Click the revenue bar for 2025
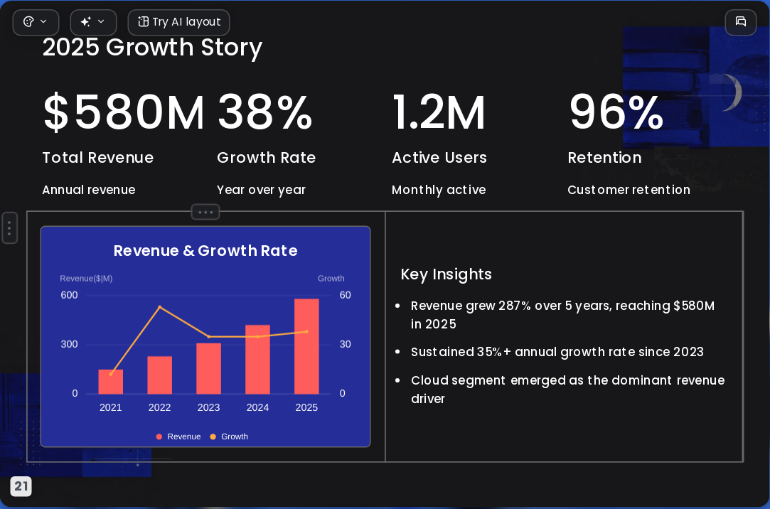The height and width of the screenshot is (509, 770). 306,346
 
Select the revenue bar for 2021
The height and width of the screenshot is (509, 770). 110,382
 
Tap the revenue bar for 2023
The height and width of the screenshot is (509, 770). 209,369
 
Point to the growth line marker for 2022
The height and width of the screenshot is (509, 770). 159,307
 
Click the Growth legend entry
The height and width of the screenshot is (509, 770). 229,436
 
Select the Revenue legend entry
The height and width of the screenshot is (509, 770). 178,436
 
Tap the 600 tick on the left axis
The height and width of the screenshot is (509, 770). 69,295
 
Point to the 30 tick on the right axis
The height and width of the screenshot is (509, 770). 346,344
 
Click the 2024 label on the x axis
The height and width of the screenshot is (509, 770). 257,407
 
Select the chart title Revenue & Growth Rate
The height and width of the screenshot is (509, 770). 205,251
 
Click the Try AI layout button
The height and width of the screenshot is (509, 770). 178,22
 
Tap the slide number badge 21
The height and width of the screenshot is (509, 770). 21,486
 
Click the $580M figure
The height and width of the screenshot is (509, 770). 123,112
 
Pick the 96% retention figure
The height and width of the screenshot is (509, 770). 616,112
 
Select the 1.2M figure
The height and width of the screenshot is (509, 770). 439,112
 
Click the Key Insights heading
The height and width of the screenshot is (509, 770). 446,274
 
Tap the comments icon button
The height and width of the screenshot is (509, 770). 741,22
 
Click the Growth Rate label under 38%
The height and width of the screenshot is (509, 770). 266,158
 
